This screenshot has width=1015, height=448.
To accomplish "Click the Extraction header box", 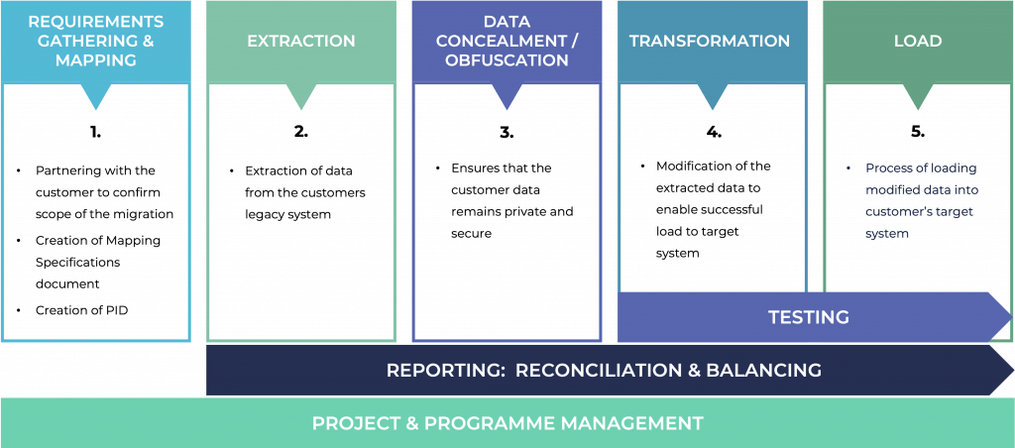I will (300, 42).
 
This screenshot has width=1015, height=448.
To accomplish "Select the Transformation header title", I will (710, 42).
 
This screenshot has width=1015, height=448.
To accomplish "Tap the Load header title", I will (917, 42).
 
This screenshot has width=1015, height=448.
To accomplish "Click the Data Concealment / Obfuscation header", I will (507, 42).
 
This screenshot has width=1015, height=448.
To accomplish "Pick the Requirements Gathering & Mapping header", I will (95, 42).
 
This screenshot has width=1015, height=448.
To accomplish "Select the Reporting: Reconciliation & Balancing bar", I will (604, 370).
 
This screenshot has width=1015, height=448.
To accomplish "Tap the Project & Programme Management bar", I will (507, 423).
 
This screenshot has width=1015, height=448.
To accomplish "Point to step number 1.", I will (95, 131).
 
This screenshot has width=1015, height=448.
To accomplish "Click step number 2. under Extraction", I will (300, 131).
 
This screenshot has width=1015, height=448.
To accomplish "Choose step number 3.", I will (507, 131).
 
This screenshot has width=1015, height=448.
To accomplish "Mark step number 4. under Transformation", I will (712, 131).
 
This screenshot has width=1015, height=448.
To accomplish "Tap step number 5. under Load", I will (917, 131).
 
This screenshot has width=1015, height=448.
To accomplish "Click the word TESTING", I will (809, 317).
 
